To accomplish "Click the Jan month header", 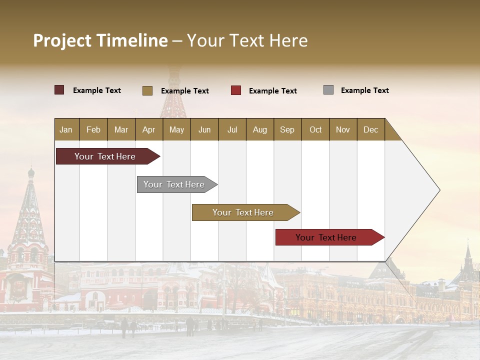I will pos(66,129).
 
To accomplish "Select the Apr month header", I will pos(148,129).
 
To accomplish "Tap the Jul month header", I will pos(232,129).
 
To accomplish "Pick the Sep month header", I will pos(287,129).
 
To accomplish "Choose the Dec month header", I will pos(370,129).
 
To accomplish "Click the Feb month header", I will pos(93,129).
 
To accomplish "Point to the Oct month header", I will pos(315,129).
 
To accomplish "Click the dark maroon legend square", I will pos(59,90).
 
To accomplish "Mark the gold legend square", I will pos(147,90).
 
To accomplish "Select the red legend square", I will pos(235,90).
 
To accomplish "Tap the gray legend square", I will pos(328,90).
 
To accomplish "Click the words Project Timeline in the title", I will pos(100,40).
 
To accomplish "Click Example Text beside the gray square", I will pos(364,90).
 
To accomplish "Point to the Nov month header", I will pos(342,129).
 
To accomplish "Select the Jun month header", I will pos(204,129).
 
